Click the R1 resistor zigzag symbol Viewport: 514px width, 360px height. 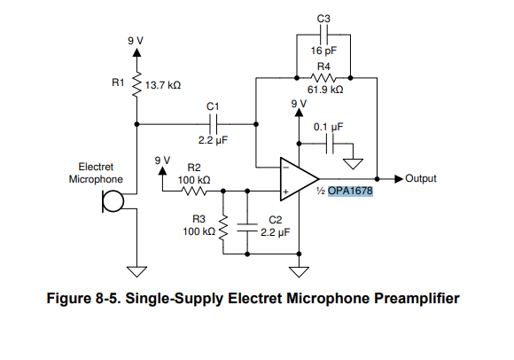(x=136, y=84)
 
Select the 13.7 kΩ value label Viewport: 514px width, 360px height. (x=163, y=85)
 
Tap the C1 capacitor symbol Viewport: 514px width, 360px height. (x=213, y=124)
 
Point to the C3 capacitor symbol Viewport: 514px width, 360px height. (x=323, y=35)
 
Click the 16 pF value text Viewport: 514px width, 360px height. (x=323, y=51)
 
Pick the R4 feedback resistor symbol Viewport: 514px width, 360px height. (x=323, y=78)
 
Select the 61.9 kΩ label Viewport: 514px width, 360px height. (x=325, y=90)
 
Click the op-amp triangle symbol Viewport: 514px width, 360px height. (x=300, y=179)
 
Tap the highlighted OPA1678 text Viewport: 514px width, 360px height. (x=350, y=191)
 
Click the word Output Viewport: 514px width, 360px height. (x=421, y=178)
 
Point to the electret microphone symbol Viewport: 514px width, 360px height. (x=113, y=201)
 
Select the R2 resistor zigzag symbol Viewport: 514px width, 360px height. (x=194, y=191)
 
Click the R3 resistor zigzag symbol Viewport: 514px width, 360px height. (x=223, y=228)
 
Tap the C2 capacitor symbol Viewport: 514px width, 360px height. (x=247, y=227)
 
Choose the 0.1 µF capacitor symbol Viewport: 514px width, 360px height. (x=330, y=144)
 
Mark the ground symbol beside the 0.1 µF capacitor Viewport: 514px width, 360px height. (x=353, y=164)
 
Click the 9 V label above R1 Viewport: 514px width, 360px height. (x=136, y=41)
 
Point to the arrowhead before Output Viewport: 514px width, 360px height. (x=399, y=179)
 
